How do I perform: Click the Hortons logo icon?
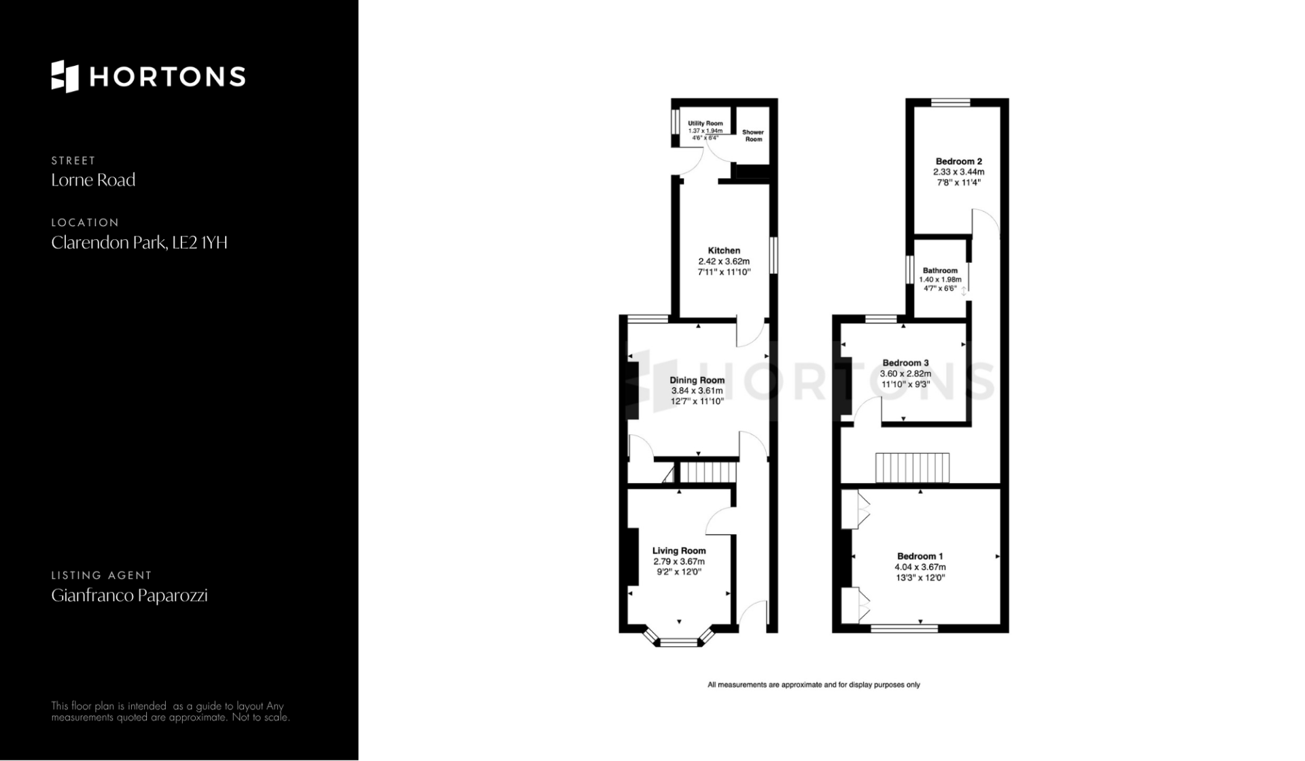tap(65, 76)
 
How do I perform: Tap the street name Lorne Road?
tap(93, 180)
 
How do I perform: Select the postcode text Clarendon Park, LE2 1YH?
tap(139, 243)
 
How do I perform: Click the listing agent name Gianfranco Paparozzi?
tap(129, 596)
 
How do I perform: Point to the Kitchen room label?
tap(724, 251)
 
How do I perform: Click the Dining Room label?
tap(697, 380)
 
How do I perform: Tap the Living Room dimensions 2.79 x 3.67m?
tap(679, 562)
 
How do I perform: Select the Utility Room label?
tap(706, 124)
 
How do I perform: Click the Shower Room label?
tap(753, 136)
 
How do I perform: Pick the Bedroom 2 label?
tap(959, 162)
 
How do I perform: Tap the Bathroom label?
tap(940, 270)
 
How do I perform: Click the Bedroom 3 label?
tap(905, 363)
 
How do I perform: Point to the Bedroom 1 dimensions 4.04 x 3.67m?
tap(920, 567)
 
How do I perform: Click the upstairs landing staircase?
tap(912, 467)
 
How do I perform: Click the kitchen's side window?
tap(773, 255)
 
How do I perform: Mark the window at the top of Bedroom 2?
tap(951, 103)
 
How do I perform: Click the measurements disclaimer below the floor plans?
tap(814, 685)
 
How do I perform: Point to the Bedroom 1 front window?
tap(905, 629)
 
